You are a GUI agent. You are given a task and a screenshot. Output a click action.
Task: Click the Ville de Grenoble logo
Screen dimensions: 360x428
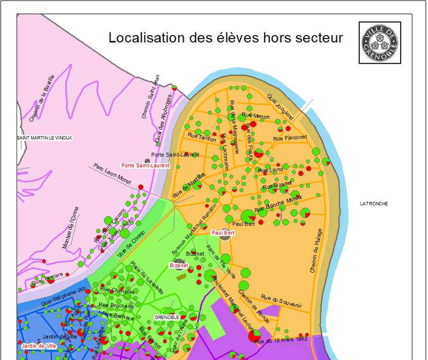coord(380,42)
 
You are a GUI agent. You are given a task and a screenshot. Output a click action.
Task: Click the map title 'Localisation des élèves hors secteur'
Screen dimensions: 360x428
coord(225,38)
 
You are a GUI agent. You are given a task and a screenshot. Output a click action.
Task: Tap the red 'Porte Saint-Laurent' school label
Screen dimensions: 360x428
coord(145,165)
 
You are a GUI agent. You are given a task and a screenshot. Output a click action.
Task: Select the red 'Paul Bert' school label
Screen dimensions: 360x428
coord(223,233)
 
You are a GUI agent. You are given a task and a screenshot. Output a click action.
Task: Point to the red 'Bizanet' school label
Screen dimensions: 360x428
coord(179,266)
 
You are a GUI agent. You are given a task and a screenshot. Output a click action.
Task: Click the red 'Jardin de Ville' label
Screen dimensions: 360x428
coord(39,345)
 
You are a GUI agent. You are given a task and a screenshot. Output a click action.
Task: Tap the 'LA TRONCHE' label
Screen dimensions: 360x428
coord(374,204)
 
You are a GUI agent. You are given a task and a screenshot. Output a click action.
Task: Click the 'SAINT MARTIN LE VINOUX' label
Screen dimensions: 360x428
coord(45,138)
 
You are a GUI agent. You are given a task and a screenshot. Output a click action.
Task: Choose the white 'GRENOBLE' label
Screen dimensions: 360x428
coord(167,318)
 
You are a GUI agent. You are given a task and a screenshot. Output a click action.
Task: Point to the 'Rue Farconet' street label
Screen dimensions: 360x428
coord(290,138)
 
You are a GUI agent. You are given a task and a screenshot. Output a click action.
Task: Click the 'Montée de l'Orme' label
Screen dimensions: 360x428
coord(70,228)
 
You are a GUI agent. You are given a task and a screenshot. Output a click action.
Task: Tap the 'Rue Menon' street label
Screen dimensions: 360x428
coord(255,116)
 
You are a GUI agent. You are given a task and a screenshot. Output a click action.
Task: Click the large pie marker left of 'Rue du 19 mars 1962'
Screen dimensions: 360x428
coord(254,336)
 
